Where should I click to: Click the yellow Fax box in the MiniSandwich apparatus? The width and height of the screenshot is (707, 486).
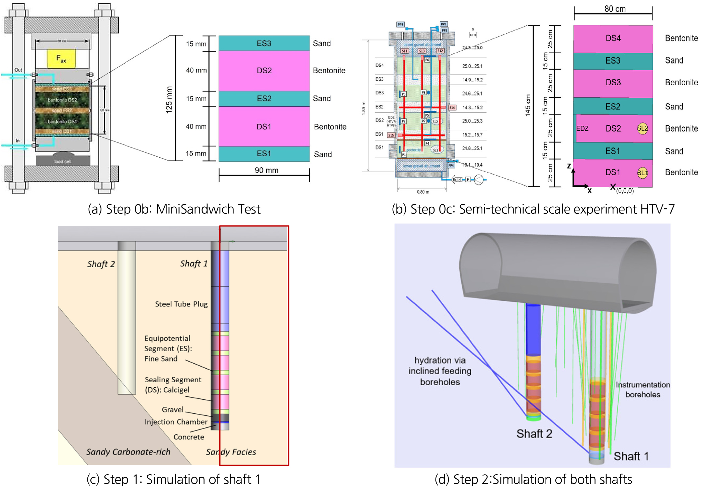pos(61,59)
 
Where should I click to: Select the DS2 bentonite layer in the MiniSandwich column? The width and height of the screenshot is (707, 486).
pos(264,71)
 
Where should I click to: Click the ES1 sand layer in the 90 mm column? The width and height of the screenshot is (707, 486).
pos(264,154)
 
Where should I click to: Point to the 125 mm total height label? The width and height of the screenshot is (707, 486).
pos(169,100)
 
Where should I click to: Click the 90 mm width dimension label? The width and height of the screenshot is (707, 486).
pos(266,170)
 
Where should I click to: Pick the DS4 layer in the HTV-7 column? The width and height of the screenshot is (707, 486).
pos(613,38)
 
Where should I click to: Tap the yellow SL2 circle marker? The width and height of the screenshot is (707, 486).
pos(642,128)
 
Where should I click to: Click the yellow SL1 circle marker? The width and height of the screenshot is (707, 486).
pos(642,173)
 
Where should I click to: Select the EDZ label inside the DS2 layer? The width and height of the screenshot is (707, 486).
pos(582,128)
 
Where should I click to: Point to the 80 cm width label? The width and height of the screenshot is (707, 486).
pos(615,9)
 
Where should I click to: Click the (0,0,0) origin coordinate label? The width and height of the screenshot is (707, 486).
pos(625,191)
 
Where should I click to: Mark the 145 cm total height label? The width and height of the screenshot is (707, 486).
pos(528,105)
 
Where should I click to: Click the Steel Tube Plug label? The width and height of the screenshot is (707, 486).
pos(181,304)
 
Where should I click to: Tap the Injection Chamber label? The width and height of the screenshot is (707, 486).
pos(176,422)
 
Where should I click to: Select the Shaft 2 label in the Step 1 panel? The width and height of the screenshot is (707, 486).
pos(101,264)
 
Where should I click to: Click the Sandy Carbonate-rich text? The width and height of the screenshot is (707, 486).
pos(128,452)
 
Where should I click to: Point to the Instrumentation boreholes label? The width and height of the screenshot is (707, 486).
pos(643,390)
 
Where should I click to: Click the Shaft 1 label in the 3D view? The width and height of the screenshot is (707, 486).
pos(631,456)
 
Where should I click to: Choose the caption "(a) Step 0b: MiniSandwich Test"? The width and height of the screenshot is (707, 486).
pos(174,209)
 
